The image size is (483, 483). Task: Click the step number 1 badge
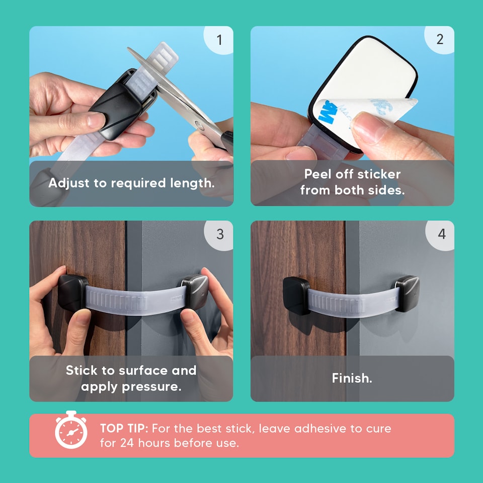click(x=219, y=40)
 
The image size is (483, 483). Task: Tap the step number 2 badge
click(x=440, y=40)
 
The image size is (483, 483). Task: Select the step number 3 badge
click(x=219, y=235)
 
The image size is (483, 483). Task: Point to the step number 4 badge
click(x=441, y=234)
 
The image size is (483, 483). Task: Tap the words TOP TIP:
click(x=124, y=429)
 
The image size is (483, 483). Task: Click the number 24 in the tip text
click(x=127, y=443)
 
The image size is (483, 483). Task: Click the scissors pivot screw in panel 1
click(x=199, y=125)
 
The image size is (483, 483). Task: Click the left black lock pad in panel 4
click(x=296, y=296)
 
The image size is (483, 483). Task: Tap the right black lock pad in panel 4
click(x=407, y=293)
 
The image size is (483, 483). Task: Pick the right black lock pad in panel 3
click(x=195, y=292)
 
